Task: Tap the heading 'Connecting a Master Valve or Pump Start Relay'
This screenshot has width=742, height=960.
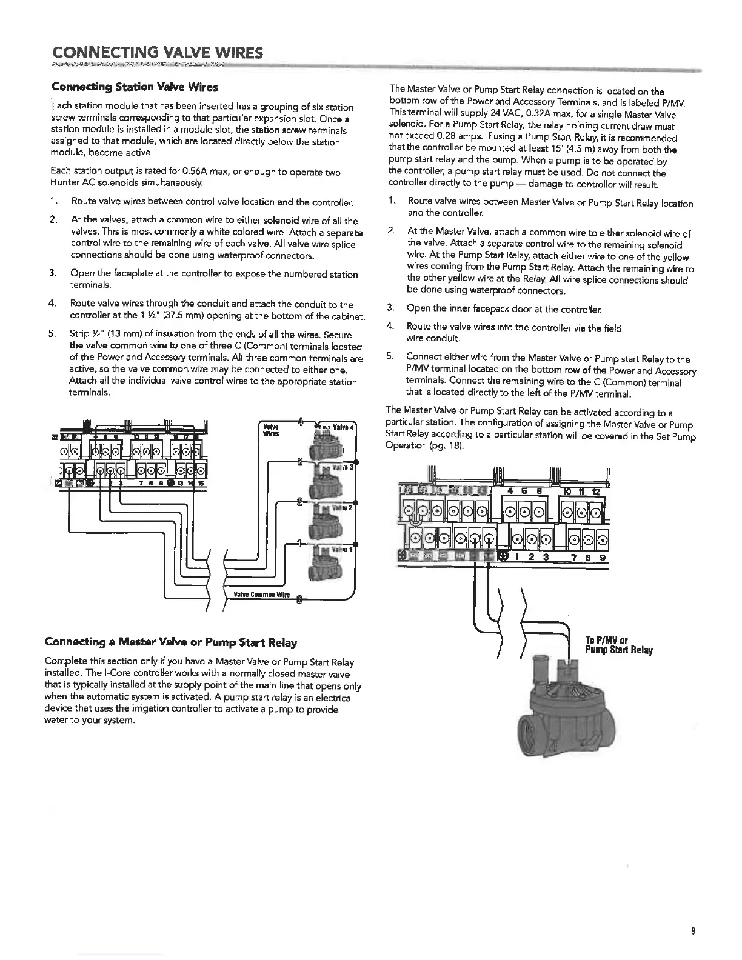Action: pos(172,642)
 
